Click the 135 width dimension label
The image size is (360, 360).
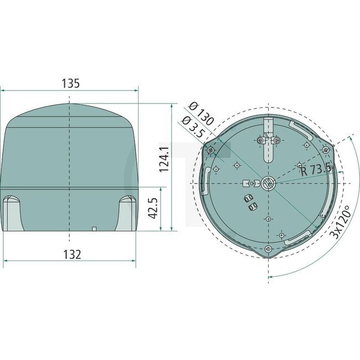pos(70,83)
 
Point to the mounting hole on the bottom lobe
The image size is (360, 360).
pos(269,248)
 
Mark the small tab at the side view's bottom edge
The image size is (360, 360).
pos(94,228)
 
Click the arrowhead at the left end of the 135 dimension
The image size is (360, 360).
pos(3,90)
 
